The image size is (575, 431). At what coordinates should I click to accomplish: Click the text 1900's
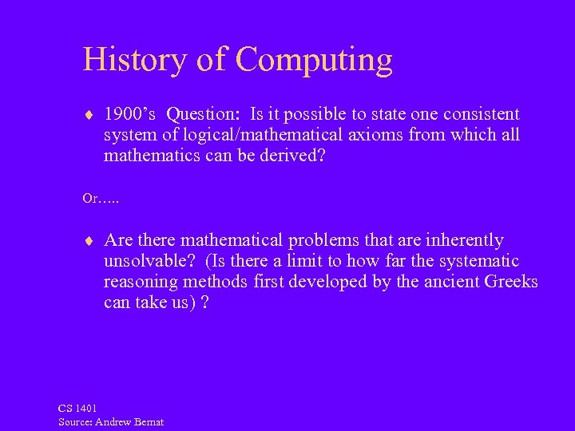pyautogui.click(x=130, y=114)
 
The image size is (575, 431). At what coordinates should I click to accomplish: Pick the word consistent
pyautogui.click(x=477, y=114)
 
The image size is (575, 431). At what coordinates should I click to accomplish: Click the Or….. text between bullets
pyautogui.click(x=101, y=198)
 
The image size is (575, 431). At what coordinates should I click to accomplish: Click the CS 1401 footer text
pyautogui.click(x=77, y=409)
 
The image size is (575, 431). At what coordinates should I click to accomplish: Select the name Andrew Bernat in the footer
pyautogui.click(x=129, y=421)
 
